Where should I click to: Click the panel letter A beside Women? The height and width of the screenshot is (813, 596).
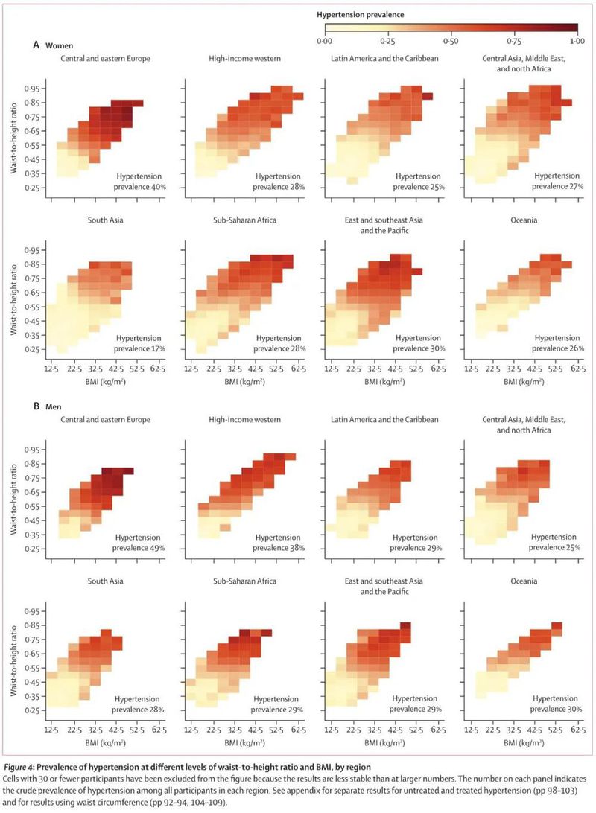36,45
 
